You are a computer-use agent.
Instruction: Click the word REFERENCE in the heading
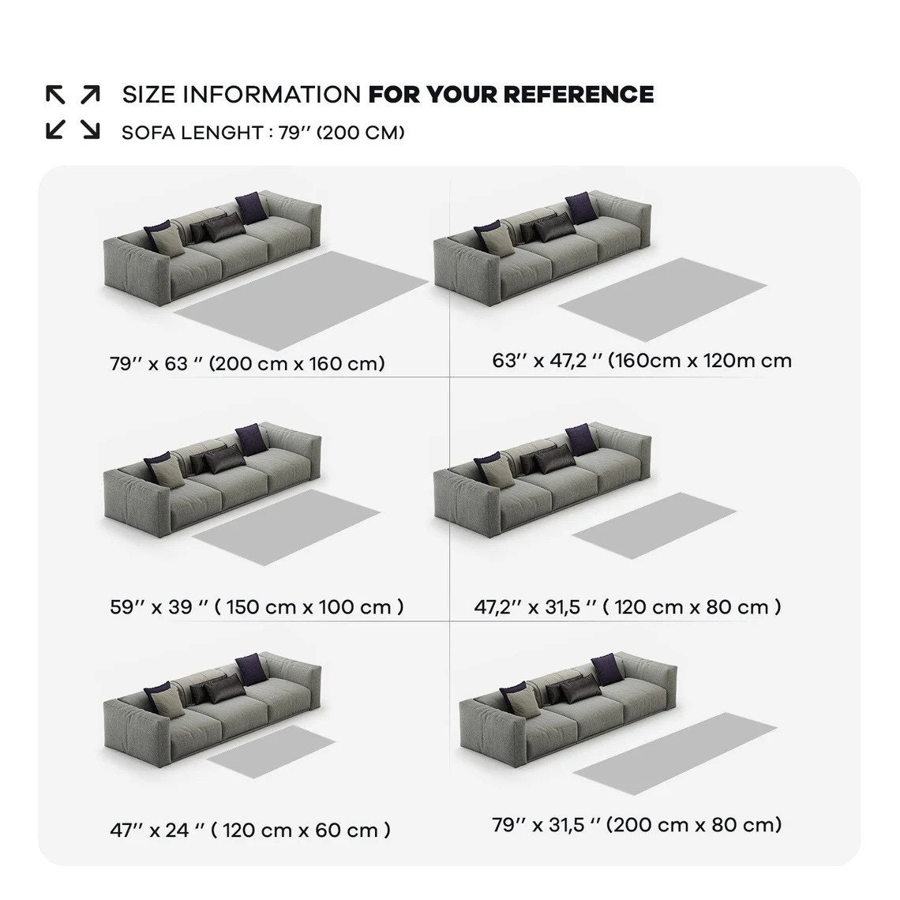point(579,95)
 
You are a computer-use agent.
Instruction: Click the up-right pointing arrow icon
point(90,94)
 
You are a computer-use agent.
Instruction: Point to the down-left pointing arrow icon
point(55,129)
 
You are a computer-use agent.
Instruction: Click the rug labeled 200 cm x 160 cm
point(302,300)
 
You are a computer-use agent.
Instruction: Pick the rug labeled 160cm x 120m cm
point(663,298)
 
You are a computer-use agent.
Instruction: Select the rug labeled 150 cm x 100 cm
point(286,527)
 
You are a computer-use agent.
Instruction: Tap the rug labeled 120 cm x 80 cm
point(654,525)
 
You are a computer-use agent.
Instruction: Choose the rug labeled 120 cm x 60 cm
point(271,752)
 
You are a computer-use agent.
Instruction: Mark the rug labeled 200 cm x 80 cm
point(675,753)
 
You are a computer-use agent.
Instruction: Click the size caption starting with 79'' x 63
point(247,363)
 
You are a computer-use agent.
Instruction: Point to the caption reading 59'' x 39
point(257,606)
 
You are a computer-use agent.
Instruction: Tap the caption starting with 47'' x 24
point(250,830)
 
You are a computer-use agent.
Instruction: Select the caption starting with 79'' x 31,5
point(637,825)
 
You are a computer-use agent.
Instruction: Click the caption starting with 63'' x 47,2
point(642,361)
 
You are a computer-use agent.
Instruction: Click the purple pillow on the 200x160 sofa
point(251,208)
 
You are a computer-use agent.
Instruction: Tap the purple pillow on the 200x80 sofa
point(607,669)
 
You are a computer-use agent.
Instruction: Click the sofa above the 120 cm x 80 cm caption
point(542,480)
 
